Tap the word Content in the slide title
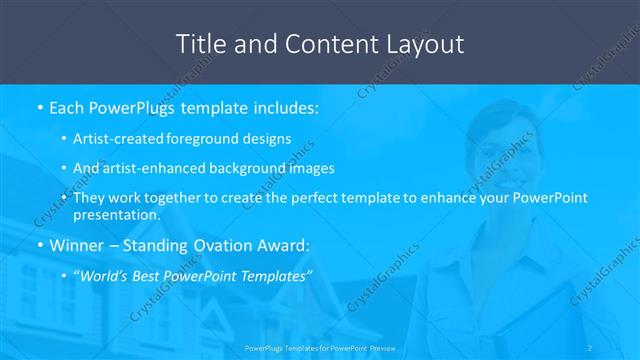click(x=318, y=44)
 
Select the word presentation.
click(x=116, y=215)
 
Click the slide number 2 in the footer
click(x=590, y=347)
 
